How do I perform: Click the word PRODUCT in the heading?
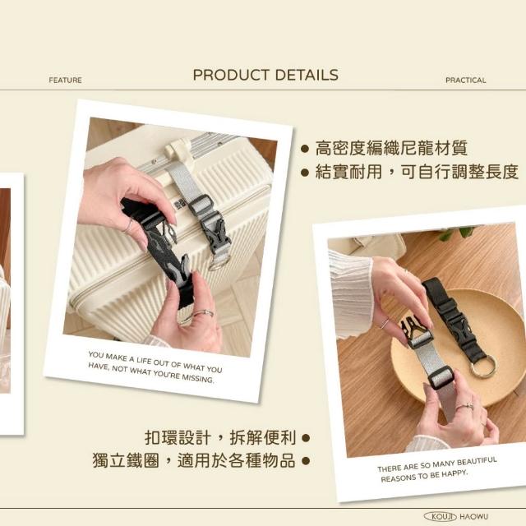pos(231,75)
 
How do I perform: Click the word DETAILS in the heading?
pos(307,75)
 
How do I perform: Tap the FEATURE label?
pos(65,81)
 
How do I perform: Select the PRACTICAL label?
pos(466,81)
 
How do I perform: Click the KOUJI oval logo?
pos(441,516)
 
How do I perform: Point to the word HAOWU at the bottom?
pos(473,517)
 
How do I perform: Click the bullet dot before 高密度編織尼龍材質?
pos(305,149)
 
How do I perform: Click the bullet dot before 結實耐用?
pos(305,173)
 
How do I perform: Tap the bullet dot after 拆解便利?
pos(306,438)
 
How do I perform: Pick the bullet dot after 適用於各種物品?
pos(306,461)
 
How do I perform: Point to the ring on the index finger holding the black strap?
pos(128,227)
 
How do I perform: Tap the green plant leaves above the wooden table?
pos(457,233)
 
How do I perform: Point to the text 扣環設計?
pos(178,438)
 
